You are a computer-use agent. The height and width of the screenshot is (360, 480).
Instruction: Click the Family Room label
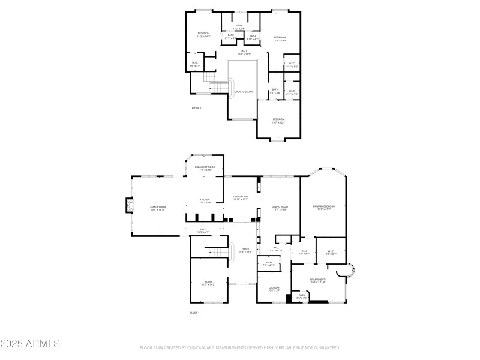pos(158,208)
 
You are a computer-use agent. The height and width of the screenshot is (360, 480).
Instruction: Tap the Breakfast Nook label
pos(205,168)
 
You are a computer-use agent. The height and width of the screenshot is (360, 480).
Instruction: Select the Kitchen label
pos(205,201)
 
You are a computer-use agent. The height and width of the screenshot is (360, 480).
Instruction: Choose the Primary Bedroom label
pos(323,208)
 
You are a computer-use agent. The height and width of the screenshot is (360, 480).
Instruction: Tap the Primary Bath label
pos(318,280)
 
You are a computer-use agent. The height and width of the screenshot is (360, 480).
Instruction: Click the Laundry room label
pos(273,289)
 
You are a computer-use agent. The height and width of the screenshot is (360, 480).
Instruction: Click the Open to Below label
pos(244,92)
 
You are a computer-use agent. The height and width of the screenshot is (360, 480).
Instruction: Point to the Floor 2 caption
pos(196,108)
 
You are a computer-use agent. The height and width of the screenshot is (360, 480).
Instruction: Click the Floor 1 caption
pos(194,313)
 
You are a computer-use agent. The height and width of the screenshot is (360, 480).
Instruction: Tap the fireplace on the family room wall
pos(127,206)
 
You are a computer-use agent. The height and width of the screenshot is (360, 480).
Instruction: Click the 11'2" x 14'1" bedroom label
pos(203,34)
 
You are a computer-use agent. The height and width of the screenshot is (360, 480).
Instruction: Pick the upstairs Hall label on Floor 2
pos(244,52)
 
